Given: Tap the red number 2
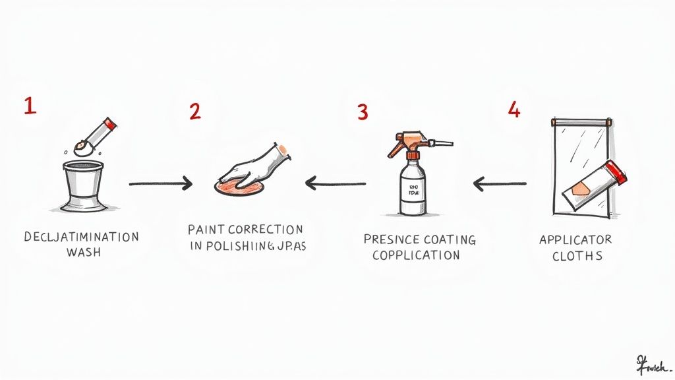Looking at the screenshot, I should point(194,111).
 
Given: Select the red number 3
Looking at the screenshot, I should point(362,111).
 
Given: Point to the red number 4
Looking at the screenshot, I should point(514,110).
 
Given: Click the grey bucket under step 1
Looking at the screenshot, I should point(83,181).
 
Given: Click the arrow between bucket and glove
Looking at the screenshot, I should point(161,183).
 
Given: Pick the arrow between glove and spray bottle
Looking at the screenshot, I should point(335,183).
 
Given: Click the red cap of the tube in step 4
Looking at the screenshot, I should point(617,170).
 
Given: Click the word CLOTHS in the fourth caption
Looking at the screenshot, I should point(577,255).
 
